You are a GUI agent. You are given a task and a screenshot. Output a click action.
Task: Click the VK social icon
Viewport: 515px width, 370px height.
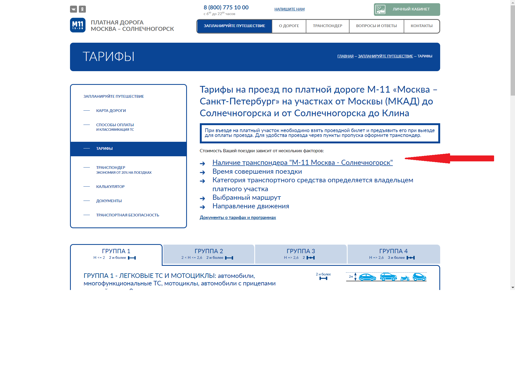[73, 9]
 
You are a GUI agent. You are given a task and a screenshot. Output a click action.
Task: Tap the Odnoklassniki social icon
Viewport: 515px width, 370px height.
[82, 9]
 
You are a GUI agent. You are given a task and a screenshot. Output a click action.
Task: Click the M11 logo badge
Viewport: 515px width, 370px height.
[78, 25]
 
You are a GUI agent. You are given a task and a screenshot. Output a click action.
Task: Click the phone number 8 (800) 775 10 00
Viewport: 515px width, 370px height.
[226, 8]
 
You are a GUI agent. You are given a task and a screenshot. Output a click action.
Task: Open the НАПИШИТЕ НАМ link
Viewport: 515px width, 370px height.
[289, 9]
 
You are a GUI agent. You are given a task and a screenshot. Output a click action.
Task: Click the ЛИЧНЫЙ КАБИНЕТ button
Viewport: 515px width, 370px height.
[407, 9]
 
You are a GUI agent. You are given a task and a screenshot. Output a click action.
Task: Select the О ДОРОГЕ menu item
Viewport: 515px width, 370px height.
[289, 26]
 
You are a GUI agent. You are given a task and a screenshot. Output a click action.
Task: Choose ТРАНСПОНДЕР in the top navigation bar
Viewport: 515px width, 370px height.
[328, 26]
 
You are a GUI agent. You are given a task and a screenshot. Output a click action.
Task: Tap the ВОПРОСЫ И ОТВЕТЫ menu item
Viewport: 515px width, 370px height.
[376, 26]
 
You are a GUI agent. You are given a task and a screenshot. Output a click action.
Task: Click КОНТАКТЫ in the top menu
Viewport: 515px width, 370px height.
[421, 26]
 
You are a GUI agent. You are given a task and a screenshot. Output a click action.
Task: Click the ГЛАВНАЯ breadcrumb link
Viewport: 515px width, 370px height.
[345, 56]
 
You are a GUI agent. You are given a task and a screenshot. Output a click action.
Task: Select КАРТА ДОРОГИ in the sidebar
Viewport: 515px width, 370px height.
[111, 111]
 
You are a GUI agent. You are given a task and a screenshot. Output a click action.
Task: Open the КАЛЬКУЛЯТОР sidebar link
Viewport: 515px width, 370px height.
[110, 187]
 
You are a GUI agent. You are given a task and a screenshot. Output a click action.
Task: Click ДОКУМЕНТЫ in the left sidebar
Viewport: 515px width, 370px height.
[109, 201]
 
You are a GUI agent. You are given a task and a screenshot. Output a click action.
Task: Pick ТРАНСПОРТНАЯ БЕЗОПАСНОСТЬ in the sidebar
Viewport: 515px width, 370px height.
[127, 215]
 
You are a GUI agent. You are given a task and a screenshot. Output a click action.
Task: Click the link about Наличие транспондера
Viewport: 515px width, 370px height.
[302, 163]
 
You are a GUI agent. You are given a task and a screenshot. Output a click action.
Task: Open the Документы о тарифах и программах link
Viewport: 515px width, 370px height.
[238, 217]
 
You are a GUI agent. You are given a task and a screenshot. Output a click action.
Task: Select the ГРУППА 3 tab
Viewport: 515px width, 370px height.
[301, 254]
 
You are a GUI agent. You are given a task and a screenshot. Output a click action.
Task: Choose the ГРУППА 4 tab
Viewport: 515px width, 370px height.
[393, 254]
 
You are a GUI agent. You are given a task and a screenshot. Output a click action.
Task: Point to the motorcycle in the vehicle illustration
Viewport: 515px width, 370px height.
[405, 278]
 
